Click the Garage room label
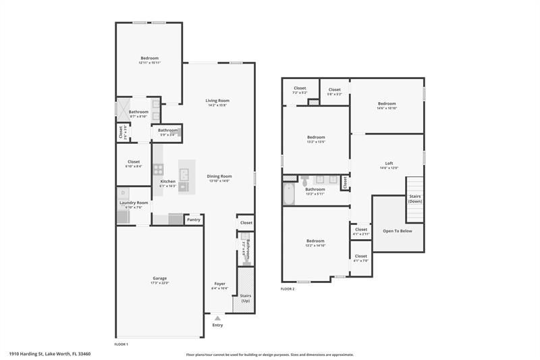click(159, 278)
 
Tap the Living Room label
click(217, 101)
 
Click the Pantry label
click(194, 220)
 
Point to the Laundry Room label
click(134, 203)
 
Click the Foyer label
click(220, 284)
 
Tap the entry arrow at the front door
click(217, 317)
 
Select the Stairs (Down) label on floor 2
click(415, 199)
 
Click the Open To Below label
click(398, 230)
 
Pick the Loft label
click(389, 163)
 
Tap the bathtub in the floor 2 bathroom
click(290, 194)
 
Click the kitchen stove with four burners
click(159, 170)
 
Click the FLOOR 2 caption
click(288, 289)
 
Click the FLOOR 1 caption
click(121, 344)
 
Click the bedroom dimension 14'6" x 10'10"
click(387, 108)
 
